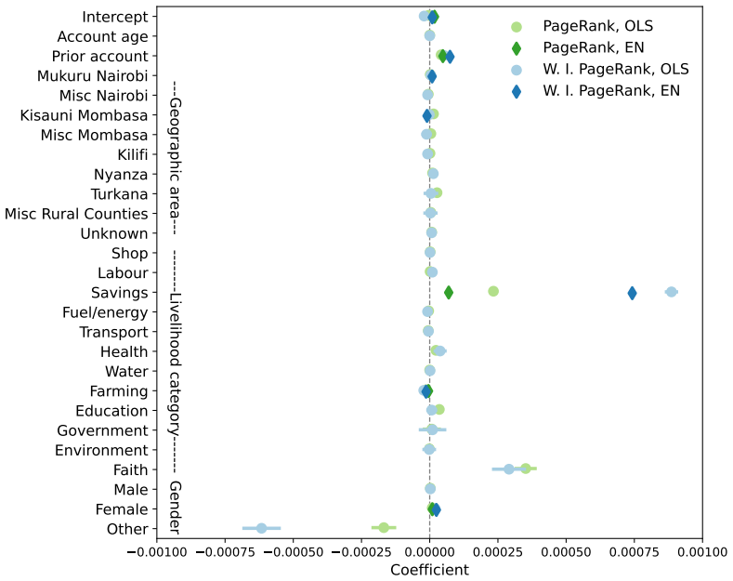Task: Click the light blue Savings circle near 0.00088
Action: click(x=672, y=292)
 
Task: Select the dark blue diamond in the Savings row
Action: click(x=632, y=294)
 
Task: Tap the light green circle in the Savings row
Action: click(x=493, y=292)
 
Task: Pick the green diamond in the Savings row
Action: click(x=449, y=293)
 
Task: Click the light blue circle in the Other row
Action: click(x=261, y=528)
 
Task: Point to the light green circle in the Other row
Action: click(x=384, y=528)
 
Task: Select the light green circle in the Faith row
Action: click(x=526, y=469)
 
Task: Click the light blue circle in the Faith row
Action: click(x=509, y=469)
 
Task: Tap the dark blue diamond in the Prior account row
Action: click(x=450, y=57)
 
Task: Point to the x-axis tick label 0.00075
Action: click(x=634, y=552)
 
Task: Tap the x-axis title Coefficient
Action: click(x=429, y=570)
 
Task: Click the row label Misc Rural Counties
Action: click(x=76, y=214)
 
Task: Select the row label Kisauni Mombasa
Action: click(x=84, y=115)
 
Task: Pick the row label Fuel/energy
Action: click(x=105, y=312)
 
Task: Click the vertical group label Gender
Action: click(x=175, y=508)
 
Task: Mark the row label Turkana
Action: click(x=119, y=194)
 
